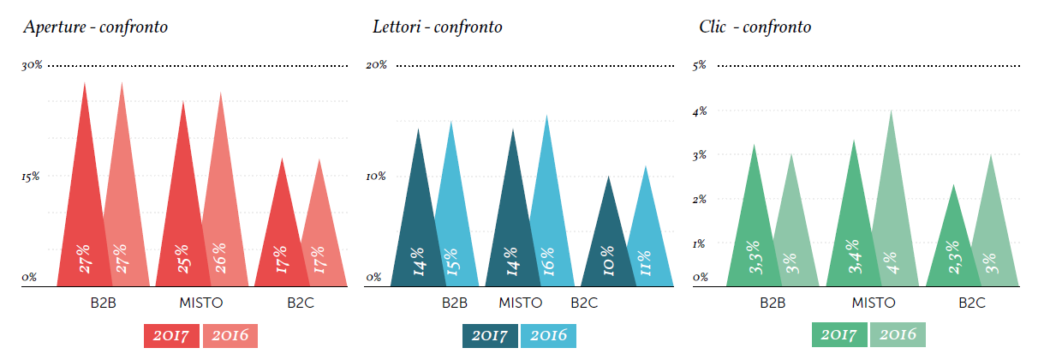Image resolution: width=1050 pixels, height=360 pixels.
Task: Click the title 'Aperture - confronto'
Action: point(95,27)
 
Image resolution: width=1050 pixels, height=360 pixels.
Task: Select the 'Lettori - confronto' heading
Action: point(437,27)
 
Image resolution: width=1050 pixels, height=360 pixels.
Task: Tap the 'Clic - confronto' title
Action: point(755,27)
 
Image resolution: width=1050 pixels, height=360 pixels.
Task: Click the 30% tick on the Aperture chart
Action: point(31,65)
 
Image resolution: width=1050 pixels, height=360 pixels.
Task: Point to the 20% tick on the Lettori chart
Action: point(376,65)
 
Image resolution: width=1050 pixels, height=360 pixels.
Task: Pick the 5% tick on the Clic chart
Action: point(699,65)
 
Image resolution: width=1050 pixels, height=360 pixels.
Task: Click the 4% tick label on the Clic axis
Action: point(700,111)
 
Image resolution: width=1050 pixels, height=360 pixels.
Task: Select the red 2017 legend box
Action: point(171,336)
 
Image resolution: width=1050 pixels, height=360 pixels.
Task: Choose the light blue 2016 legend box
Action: point(548,336)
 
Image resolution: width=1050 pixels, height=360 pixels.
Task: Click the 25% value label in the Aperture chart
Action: point(182,259)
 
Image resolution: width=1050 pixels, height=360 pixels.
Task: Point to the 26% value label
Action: point(219,259)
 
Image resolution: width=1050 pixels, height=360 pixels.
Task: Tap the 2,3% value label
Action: point(951,257)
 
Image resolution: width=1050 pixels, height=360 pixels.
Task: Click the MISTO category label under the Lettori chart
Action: point(520,303)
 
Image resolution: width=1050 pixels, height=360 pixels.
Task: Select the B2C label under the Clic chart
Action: point(971,303)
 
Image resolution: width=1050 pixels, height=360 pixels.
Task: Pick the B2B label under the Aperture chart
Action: point(103,303)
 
